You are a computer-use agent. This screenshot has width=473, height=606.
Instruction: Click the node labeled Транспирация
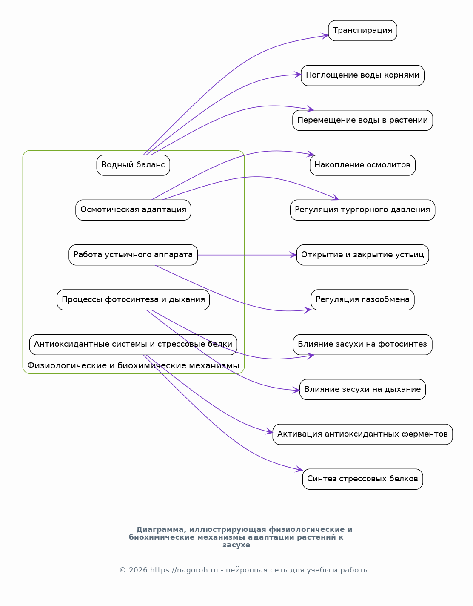(362, 31)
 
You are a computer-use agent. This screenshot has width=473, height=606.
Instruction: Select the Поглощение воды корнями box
(362, 75)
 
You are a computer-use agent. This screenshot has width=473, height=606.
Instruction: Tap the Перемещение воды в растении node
(362, 121)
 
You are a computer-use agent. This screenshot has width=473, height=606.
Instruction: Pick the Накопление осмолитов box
(362, 165)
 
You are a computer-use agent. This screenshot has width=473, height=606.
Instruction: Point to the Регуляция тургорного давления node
(362, 210)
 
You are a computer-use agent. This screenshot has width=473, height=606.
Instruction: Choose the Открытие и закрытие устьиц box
(362, 255)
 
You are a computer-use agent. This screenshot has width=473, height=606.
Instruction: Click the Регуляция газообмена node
(362, 300)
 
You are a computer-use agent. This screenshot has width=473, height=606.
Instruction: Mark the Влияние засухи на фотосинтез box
(362, 345)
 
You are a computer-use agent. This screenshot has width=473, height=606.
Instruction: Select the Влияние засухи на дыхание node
(362, 390)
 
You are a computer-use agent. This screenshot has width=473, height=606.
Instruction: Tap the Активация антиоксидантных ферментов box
(362, 434)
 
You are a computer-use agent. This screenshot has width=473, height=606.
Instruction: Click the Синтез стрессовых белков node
(362, 479)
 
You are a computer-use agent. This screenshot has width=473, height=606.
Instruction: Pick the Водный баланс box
(133, 165)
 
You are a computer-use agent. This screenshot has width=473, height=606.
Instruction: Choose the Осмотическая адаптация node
(133, 210)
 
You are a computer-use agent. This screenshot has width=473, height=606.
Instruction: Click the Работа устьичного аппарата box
(133, 255)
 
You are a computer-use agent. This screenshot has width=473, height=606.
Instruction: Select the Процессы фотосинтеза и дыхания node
(133, 300)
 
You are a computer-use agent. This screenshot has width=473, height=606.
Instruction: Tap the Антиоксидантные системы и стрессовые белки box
(133, 345)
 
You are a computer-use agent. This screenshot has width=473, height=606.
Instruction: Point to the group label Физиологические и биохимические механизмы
(133, 366)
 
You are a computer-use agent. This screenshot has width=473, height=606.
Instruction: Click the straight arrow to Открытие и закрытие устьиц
(247, 255)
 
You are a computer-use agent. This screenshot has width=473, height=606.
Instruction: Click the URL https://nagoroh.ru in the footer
(184, 570)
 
